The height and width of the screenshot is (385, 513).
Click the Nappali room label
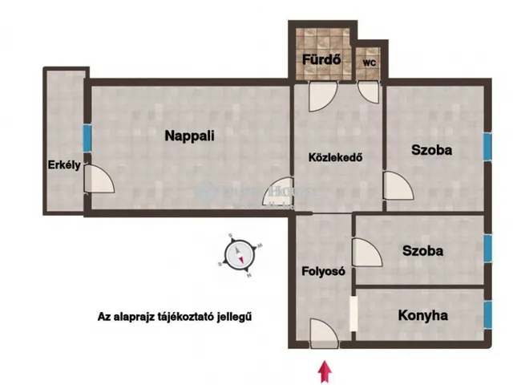click(189, 136)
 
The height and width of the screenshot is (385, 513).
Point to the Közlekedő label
click(337, 157)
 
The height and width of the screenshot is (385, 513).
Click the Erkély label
click(61, 166)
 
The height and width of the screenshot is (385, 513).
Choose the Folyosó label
click(323, 271)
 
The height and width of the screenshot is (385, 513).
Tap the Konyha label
click(422, 315)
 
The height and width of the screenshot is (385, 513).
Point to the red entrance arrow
click(325, 371)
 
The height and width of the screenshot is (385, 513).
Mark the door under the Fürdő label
click(317, 96)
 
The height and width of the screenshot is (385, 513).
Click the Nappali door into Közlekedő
click(279, 191)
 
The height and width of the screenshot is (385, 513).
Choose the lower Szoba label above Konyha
click(423, 251)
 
